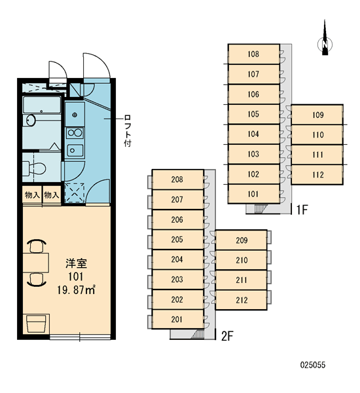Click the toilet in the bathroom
pyautogui.click(x=34, y=168)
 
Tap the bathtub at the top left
pyautogui.click(x=42, y=105)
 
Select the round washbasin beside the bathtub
pyautogui.click(x=31, y=121)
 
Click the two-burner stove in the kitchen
pyautogui.click(x=75, y=133)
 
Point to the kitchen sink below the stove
pyautogui.click(x=75, y=151)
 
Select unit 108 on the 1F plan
pyautogui.click(x=254, y=54)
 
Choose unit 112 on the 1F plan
pyautogui.click(x=317, y=175)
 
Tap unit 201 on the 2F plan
pyautogui.click(x=177, y=319)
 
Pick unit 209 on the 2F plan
pyautogui.click(x=242, y=240)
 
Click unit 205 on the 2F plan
pyautogui.click(x=177, y=239)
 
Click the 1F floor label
pyautogui.click(x=302, y=210)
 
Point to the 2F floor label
pyautogui.click(x=227, y=336)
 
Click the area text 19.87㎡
pyautogui.click(x=76, y=290)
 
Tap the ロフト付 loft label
pyautogui.click(x=128, y=130)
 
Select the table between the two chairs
pyautogui.click(x=35, y=263)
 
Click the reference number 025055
pyautogui.click(x=313, y=365)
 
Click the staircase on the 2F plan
pyautogui.click(x=198, y=334)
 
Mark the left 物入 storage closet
pyautogui.click(x=32, y=195)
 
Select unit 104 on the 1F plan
pyautogui.click(x=254, y=134)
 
